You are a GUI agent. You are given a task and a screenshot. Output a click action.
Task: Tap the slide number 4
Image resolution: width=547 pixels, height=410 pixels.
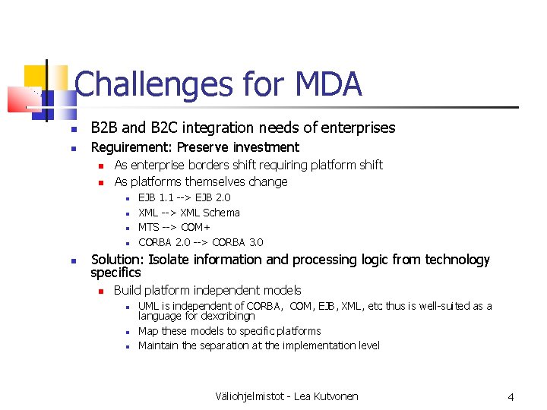(511, 396)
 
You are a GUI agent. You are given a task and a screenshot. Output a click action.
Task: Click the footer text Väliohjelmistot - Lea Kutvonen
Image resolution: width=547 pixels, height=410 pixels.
(286, 396)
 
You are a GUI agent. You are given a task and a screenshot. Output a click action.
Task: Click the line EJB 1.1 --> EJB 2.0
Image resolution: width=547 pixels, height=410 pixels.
(184, 197)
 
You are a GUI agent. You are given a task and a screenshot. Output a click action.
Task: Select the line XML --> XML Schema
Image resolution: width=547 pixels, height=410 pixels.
(188, 213)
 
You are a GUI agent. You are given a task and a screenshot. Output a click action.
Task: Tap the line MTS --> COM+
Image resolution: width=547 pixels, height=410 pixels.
(174, 227)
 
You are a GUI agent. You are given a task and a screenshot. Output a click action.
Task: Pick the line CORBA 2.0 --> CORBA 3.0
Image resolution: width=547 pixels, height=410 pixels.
(201, 242)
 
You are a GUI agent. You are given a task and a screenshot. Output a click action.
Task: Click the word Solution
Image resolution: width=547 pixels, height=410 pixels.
(115, 260)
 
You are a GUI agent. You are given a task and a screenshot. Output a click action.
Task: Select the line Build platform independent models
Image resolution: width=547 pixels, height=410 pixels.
(207, 290)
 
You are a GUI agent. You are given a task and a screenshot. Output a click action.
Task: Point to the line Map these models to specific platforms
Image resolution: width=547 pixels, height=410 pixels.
(229, 331)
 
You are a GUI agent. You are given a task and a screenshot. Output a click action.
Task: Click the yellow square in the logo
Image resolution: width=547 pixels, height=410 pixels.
(34, 77)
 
